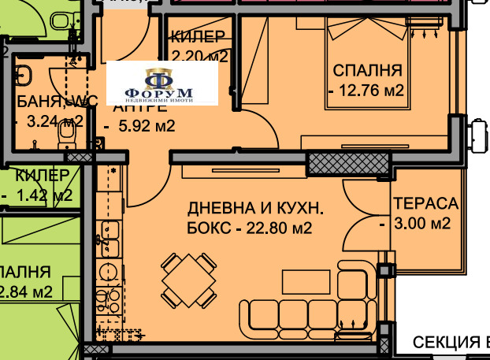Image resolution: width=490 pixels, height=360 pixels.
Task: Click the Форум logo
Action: pyautogui.click(x=161, y=84)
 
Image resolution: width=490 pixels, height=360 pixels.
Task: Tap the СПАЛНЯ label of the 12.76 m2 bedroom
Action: pyautogui.click(x=367, y=69)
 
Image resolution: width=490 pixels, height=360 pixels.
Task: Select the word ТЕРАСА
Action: pyautogui.click(x=425, y=202)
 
